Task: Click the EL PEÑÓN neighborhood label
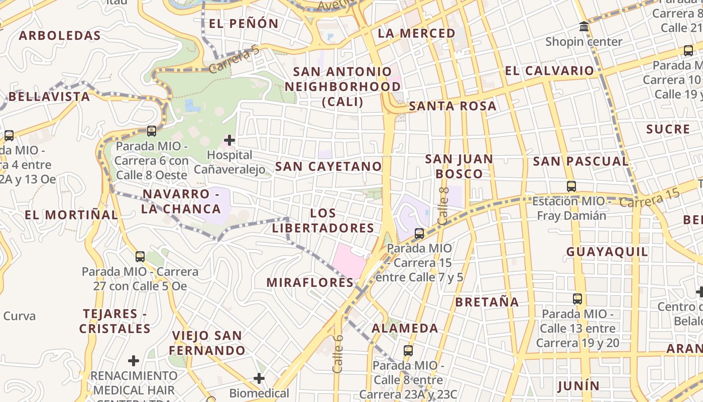click(x=244, y=23)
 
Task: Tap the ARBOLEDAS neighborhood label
click(x=60, y=36)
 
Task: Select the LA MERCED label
click(x=416, y=33)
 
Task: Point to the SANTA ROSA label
click(x=452, y=106)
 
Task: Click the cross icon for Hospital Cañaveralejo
click(x=229, y=140)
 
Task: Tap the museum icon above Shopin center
click(x=583, y=27)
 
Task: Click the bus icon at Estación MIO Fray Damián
click(x=571, y=186)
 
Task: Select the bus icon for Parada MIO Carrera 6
click(x=152, y=131)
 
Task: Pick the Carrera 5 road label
click(x=234, y=59)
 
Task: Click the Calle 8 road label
click(x=443, y=206)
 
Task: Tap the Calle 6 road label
click(x=337, y=354)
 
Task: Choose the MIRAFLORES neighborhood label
click(x=310, y=282)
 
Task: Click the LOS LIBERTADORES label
click(x=323, y=221)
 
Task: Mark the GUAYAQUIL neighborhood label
click(x=607, y=252)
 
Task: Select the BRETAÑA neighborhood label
click(x=487, y=302)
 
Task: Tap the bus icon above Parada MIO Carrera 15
click(x=419, y=234)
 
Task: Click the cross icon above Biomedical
click(x=259, y=378)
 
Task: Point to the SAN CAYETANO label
click(x=328, y=166)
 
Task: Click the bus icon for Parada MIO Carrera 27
click(x=140, y=257)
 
